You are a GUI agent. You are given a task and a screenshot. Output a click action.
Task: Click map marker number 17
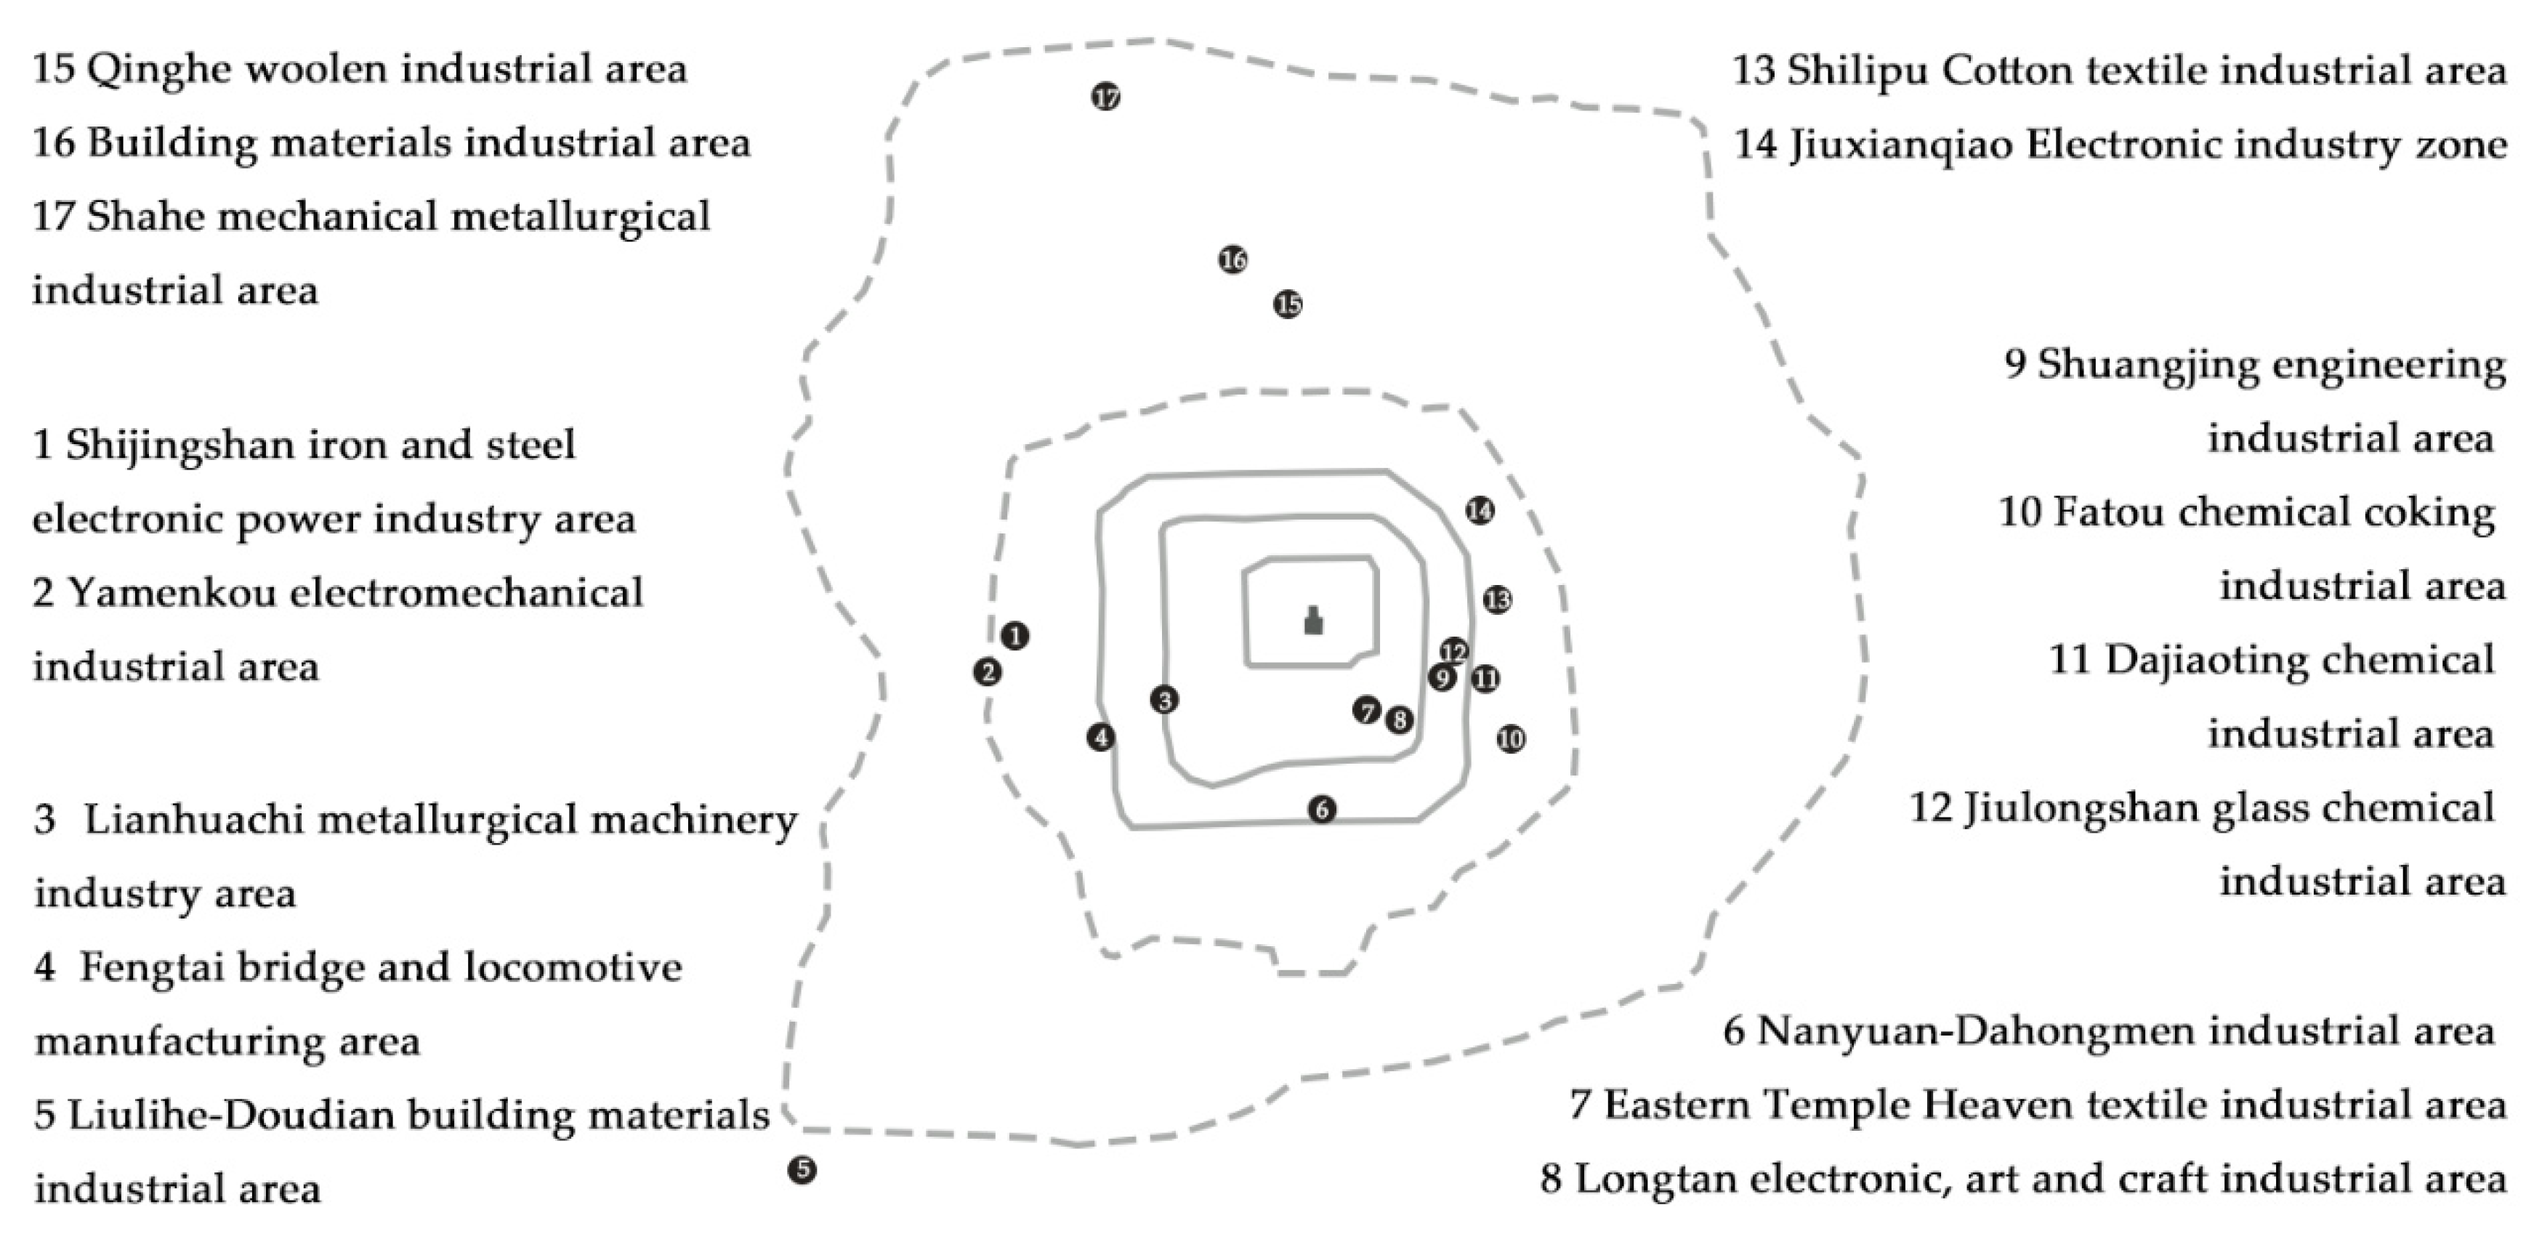(x=1106, y=97)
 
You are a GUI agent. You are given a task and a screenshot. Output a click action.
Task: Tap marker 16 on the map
(x=1232, y=259)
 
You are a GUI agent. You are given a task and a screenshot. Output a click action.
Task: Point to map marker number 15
(x=1288, y=304)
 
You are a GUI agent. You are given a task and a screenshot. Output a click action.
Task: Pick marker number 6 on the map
(x=1322, y=809)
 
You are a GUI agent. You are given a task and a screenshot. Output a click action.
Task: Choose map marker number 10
(x=1511, y=739)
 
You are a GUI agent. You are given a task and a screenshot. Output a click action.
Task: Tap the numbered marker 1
(x=1015, y=636)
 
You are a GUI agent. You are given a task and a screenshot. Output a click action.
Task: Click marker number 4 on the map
(x=1101, y=737)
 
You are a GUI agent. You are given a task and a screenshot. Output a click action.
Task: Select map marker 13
(x=1497, y=600)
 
